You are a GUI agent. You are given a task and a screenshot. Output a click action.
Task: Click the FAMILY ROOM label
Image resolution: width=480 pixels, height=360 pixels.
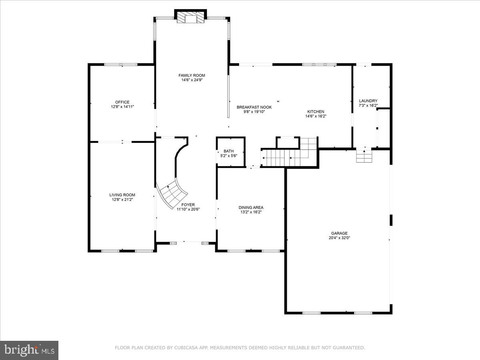coord(192,75)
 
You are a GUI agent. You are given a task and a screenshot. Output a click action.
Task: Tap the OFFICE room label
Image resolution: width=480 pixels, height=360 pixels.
coord(122,102)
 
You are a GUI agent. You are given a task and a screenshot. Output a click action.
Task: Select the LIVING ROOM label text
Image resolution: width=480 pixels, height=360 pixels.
coord(122,195)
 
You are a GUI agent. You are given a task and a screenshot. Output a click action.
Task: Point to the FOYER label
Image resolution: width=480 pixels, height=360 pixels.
coord(188,204)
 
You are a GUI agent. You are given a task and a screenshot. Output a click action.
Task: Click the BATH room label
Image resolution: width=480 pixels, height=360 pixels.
coord(228,151)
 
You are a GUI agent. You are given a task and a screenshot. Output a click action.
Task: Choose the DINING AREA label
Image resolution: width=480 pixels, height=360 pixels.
coord(251,207)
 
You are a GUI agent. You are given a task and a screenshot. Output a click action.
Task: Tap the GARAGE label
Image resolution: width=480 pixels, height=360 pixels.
coord(339,233)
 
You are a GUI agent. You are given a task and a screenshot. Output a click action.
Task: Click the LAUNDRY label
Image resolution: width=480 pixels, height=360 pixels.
coord(368,101)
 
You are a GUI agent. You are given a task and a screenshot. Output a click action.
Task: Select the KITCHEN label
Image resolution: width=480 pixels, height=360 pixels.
coord(315,112)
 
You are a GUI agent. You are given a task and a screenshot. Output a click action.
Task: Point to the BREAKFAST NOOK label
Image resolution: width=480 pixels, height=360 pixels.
coord(254,107)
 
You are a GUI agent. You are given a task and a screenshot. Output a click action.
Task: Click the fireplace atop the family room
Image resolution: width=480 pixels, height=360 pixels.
coord(190,18)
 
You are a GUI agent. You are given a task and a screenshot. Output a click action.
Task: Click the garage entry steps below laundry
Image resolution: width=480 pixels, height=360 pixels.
coord(364,156)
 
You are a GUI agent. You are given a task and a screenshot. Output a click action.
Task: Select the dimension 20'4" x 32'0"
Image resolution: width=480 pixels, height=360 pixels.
coord(339,238)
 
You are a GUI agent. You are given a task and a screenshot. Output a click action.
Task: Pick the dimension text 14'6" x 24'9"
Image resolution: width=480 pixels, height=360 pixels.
coord(192,80)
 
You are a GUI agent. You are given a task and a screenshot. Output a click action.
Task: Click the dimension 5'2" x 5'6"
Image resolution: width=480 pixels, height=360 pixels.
coord(228,156)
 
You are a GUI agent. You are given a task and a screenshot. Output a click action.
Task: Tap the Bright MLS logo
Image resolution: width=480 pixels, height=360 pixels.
coord(29,350)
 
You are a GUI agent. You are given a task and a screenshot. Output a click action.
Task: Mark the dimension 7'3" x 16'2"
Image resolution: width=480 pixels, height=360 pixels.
coord(368,106)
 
